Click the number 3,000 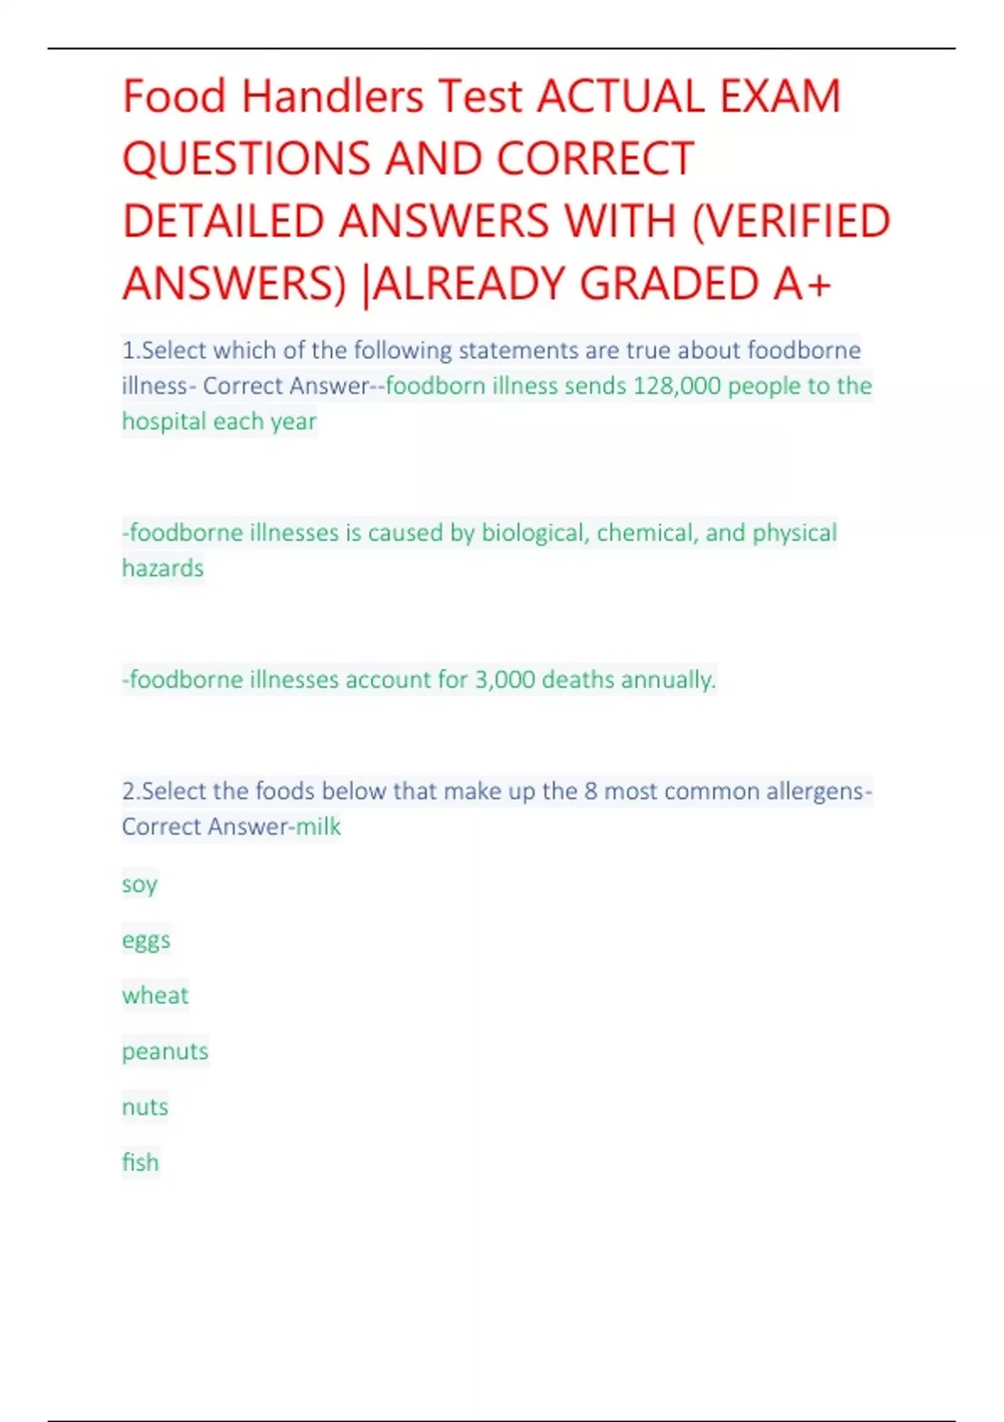tap(505, 679)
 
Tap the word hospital tap(164, 422)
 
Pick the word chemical tap(647, 533)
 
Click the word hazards tap(162, 569)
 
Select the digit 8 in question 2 tap(590, 791)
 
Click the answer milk tap(318, 826)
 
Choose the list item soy tap(139, 885)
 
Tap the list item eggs tap(146, 941)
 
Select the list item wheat tap(155, 995)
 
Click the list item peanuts tap(165, 1051)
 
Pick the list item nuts tap(145, 1107)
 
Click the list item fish tap(140, 1162)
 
